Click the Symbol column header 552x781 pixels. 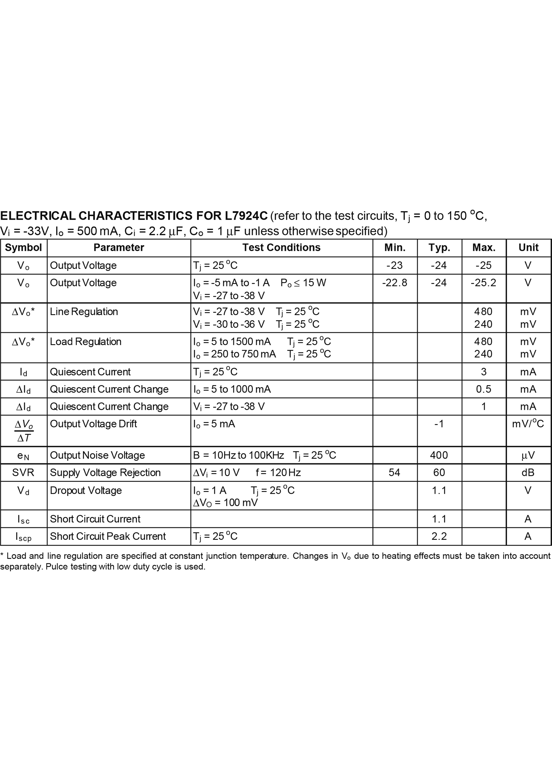pyautogui.click(x=23, y=248)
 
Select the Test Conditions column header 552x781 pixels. pyautogui.click(x=281, y=248)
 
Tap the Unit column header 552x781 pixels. pyautogui.click(x=528, y=248)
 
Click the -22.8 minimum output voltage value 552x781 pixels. pyautogui.click(x=395, y=283)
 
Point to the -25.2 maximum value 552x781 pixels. pyautogui.click(x=483, y=283)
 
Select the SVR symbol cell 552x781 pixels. pyautogui.click(x=23, y=472)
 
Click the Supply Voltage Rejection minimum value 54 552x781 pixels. pyautogui.click(x=395, y=472)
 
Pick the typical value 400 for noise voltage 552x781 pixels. pyautogui.click(x=439, y=455)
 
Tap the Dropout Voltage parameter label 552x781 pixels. pyautogui.click(x=86, y=490)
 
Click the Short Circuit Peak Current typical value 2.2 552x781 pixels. pyautogui.click(x=439, y=536)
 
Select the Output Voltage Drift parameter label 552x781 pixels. pyautogui.click(x=93, y=424)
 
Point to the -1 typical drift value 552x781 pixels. pyautogui.click(x=439, y=424)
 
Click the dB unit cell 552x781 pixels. pyautogui.click(x=528, y=472)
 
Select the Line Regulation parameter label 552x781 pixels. pyautogui.click(x=84, y=312)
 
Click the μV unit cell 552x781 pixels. pyautogui.click(x=528, y=455)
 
